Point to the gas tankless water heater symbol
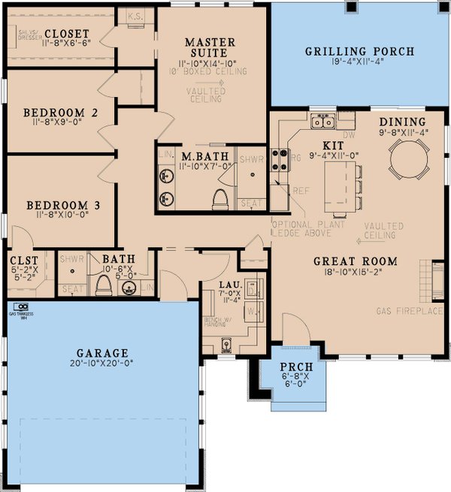23,306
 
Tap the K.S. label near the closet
137,14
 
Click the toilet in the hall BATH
102,284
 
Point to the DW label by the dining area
347,136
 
